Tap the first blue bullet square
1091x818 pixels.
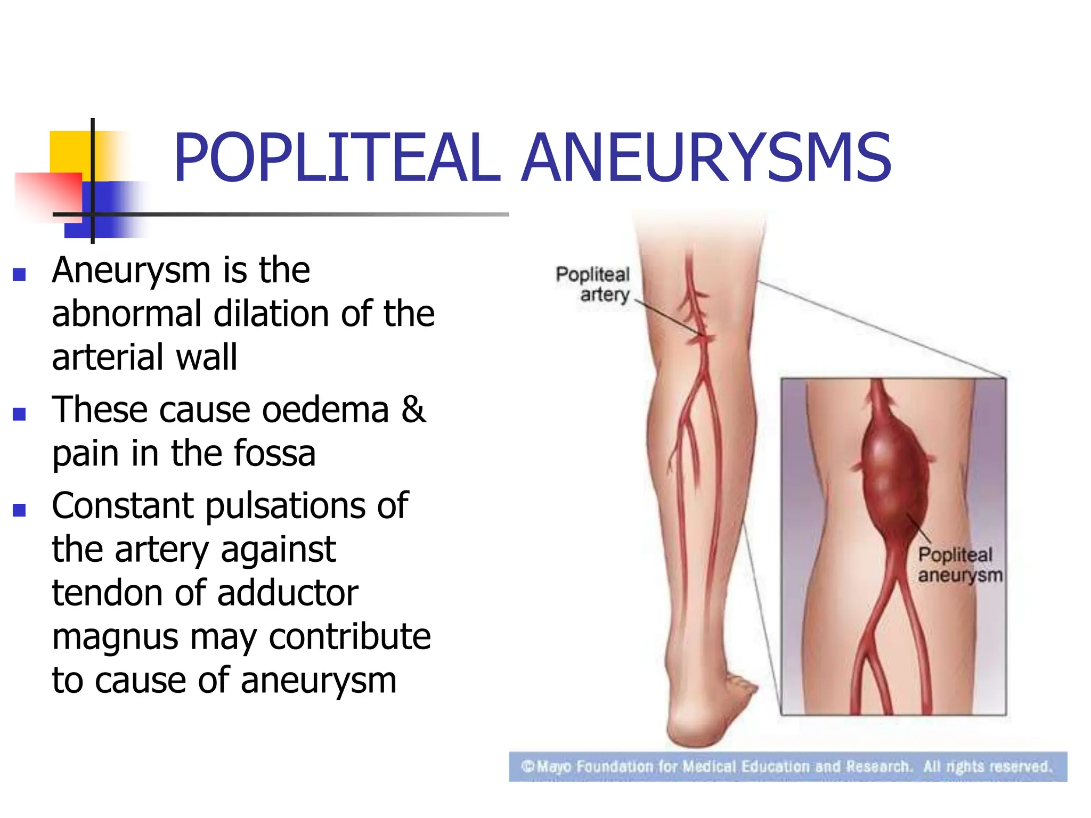tap(20, 274)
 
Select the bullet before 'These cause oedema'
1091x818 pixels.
tap(20, 414)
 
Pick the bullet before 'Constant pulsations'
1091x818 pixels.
tap(20, 510)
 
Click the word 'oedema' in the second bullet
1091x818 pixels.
tap(325, 411)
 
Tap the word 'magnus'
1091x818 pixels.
tap(115, 637)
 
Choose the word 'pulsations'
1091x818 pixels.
tap(285, 506)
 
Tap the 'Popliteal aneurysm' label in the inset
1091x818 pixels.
tap(959, 565)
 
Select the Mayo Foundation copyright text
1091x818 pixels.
tap(787, 767)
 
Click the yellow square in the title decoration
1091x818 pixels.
tap(69, 152)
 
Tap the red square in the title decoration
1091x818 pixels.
tap(48, 194)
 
